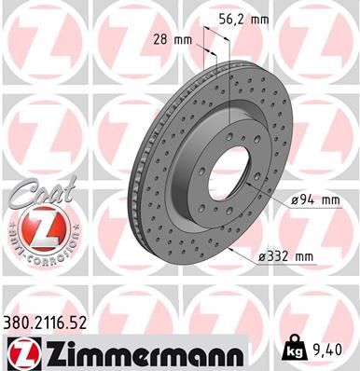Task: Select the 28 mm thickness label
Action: (171, 40)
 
